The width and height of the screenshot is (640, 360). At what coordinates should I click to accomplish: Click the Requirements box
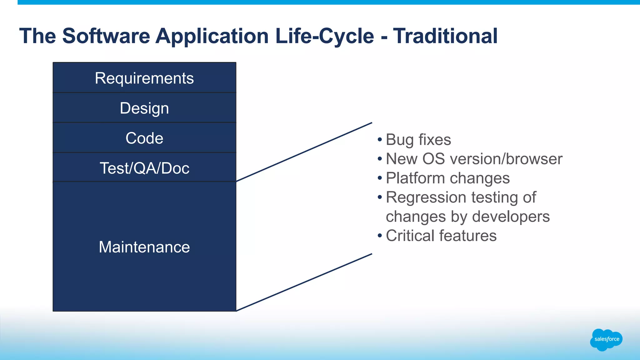(144, 78)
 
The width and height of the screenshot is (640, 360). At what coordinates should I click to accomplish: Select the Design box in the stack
(144, 108)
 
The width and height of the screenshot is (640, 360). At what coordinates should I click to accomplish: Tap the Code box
(144, 138)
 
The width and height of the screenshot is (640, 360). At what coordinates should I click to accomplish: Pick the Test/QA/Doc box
(144, 168)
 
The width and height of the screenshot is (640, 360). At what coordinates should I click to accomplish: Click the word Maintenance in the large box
(144, 247)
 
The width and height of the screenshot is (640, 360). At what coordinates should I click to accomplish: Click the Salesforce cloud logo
(606, 339)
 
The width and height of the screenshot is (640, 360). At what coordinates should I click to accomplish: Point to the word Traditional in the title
(445, 36)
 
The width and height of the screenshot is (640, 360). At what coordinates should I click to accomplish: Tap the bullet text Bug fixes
(418, 139)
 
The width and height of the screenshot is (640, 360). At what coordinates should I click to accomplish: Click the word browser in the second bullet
(534, 159)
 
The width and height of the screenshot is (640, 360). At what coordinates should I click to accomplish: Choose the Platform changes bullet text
(447, 178)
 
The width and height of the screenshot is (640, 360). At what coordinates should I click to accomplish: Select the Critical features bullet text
(441, 236)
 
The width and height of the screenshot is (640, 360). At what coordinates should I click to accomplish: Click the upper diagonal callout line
(304, 152)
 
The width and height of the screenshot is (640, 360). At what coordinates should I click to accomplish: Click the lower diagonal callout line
(304, 282)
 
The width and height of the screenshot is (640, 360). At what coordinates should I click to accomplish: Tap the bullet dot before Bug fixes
(380, 139)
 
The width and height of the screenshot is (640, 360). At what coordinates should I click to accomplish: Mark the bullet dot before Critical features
(380, 235)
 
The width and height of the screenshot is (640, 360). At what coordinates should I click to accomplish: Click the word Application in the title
(212, 36)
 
